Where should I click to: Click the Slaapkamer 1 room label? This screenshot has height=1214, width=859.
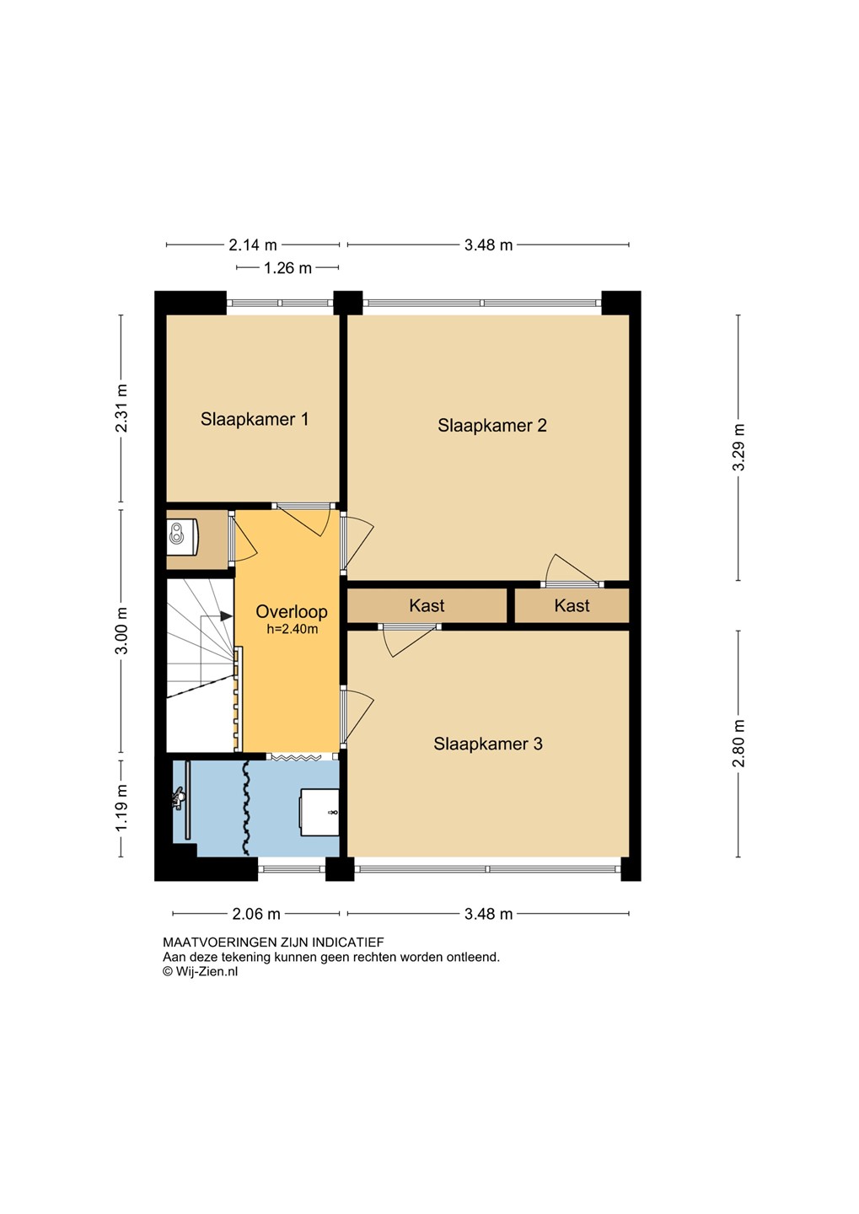point(255,419)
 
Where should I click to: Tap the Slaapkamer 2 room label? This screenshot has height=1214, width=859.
point(492,426)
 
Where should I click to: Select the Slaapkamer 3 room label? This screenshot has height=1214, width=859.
point(488,744)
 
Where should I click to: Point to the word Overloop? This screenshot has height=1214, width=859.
point(292,612)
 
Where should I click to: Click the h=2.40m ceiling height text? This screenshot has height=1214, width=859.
point(293,629)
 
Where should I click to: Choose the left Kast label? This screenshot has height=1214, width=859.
point(427,605)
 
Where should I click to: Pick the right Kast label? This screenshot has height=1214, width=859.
point(572,605)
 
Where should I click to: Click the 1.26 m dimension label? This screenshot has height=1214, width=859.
point(287,268)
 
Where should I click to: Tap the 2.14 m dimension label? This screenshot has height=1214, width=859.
point(253,245)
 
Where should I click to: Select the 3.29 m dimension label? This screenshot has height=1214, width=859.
point(738,447)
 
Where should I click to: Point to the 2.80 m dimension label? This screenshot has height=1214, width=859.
point(738,744)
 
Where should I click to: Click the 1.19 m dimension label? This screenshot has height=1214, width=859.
point(121,808)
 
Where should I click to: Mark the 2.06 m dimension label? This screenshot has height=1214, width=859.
point(256,914)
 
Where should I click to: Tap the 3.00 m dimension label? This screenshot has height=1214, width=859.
point(121,631)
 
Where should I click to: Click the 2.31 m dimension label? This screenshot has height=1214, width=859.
point(121,408)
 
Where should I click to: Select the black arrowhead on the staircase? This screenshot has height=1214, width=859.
point(226,616)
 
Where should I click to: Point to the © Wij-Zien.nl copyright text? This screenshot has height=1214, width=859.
point(200,971)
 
